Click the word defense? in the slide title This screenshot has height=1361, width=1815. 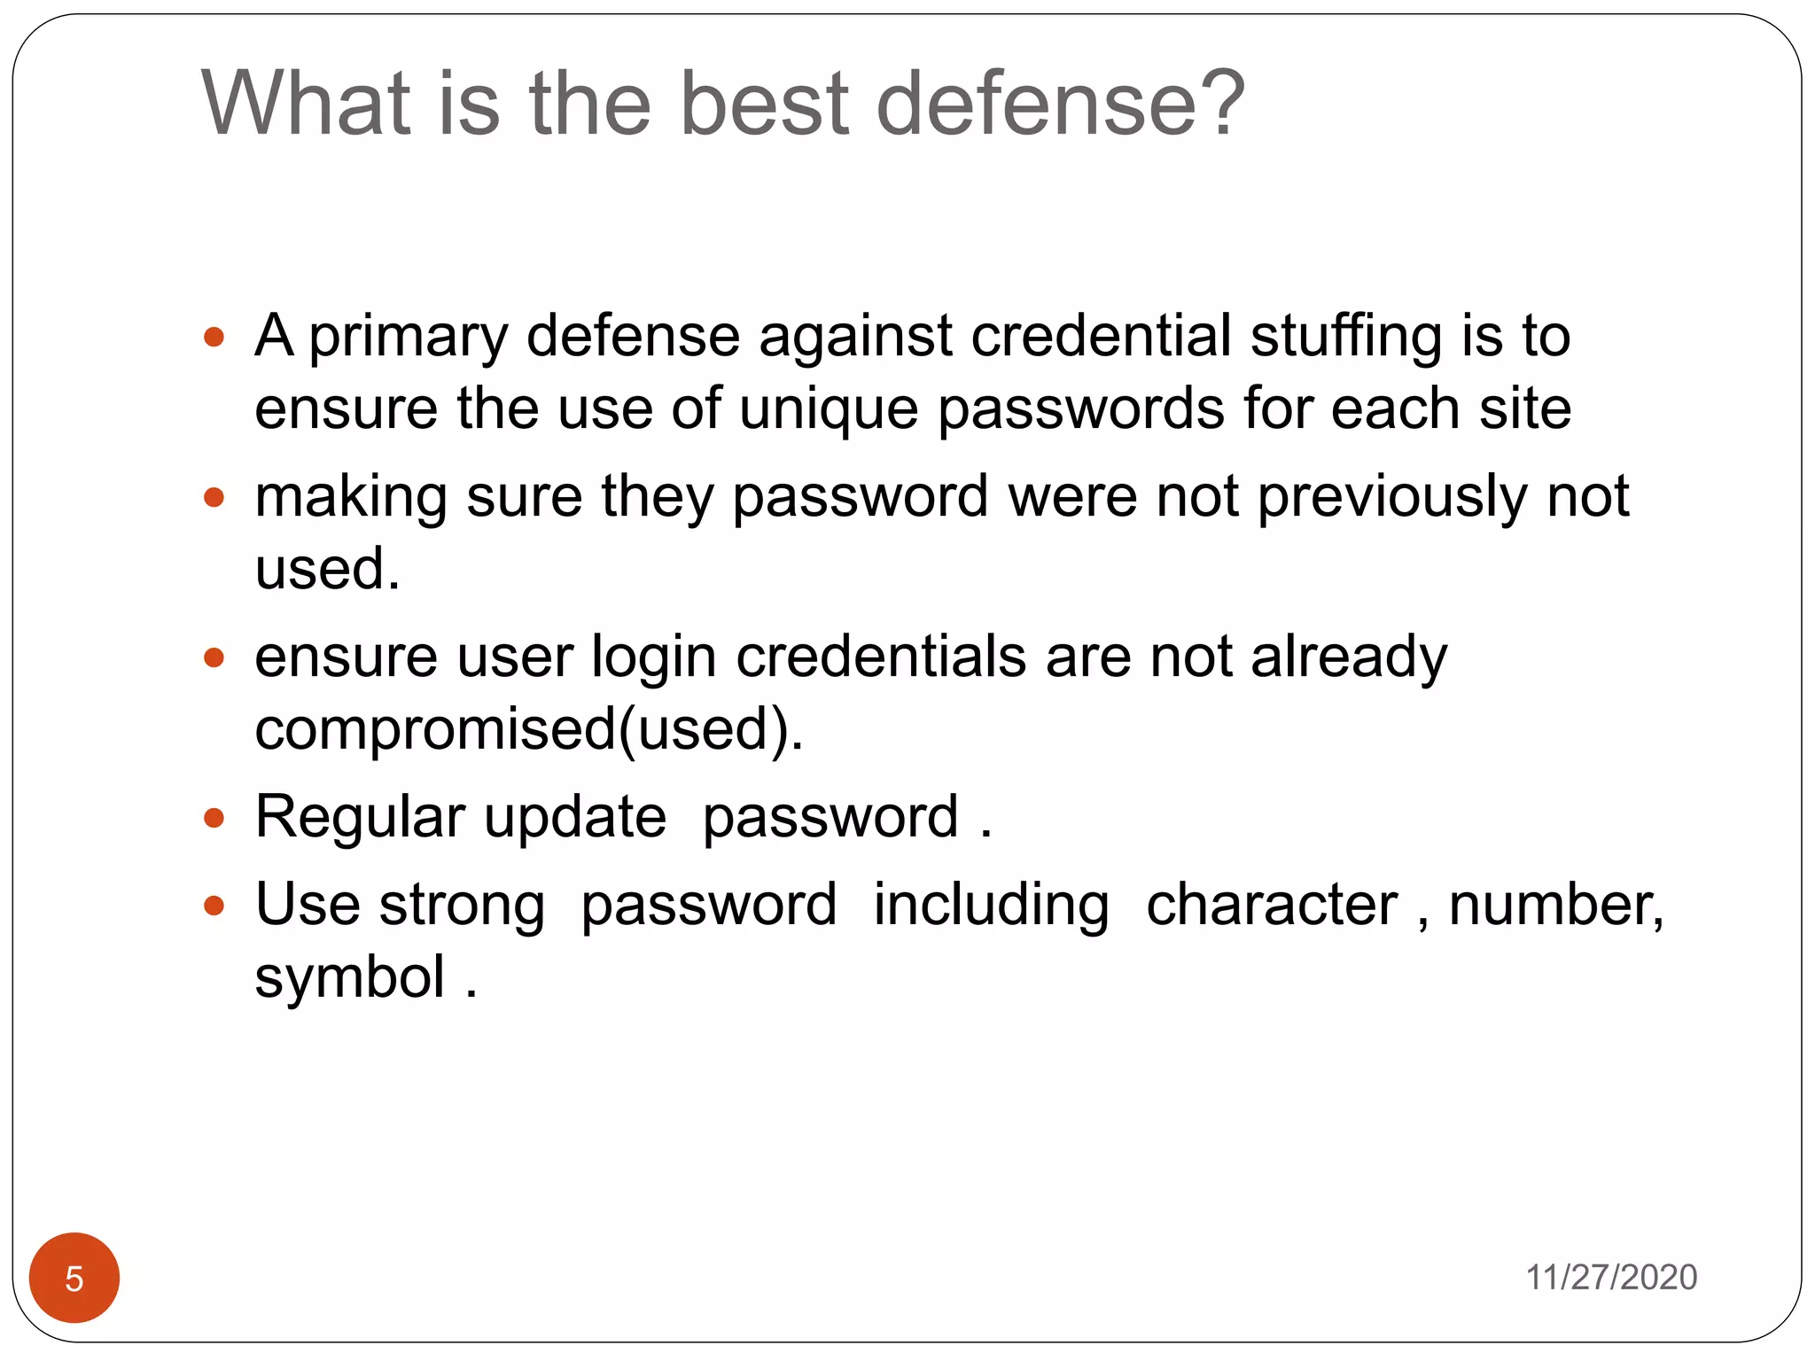click(x=1060, y=105)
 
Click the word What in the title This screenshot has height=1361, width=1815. click(x=307, y=105)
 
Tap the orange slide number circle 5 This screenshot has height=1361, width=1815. click(x=74, y=1278)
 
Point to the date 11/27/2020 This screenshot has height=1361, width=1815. click(x=1610, y=1278)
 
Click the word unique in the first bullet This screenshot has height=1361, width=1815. click(x=829, y=409)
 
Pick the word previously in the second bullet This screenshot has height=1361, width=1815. click(x=1392, y=498)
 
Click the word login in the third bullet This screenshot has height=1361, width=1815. click(x=654, y=657)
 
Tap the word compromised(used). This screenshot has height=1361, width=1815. click(x=529, y=730)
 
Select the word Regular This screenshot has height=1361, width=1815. click(x=360, y=817)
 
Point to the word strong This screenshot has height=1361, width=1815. click(x=462, y=906)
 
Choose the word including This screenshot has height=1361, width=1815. click(x=991, y=906)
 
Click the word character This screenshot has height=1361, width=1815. click(x=1272, y=906)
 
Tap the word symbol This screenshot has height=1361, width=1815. click(x=350, y=978)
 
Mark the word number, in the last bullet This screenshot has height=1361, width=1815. click(x=1556, y=906)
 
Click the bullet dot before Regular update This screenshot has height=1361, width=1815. click(x=214, y=817)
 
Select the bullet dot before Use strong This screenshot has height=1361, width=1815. click(x=214, y=906)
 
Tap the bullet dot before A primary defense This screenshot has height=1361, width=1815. click(x=214, y=338)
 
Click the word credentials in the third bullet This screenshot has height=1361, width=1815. click(x=881, y=657)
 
